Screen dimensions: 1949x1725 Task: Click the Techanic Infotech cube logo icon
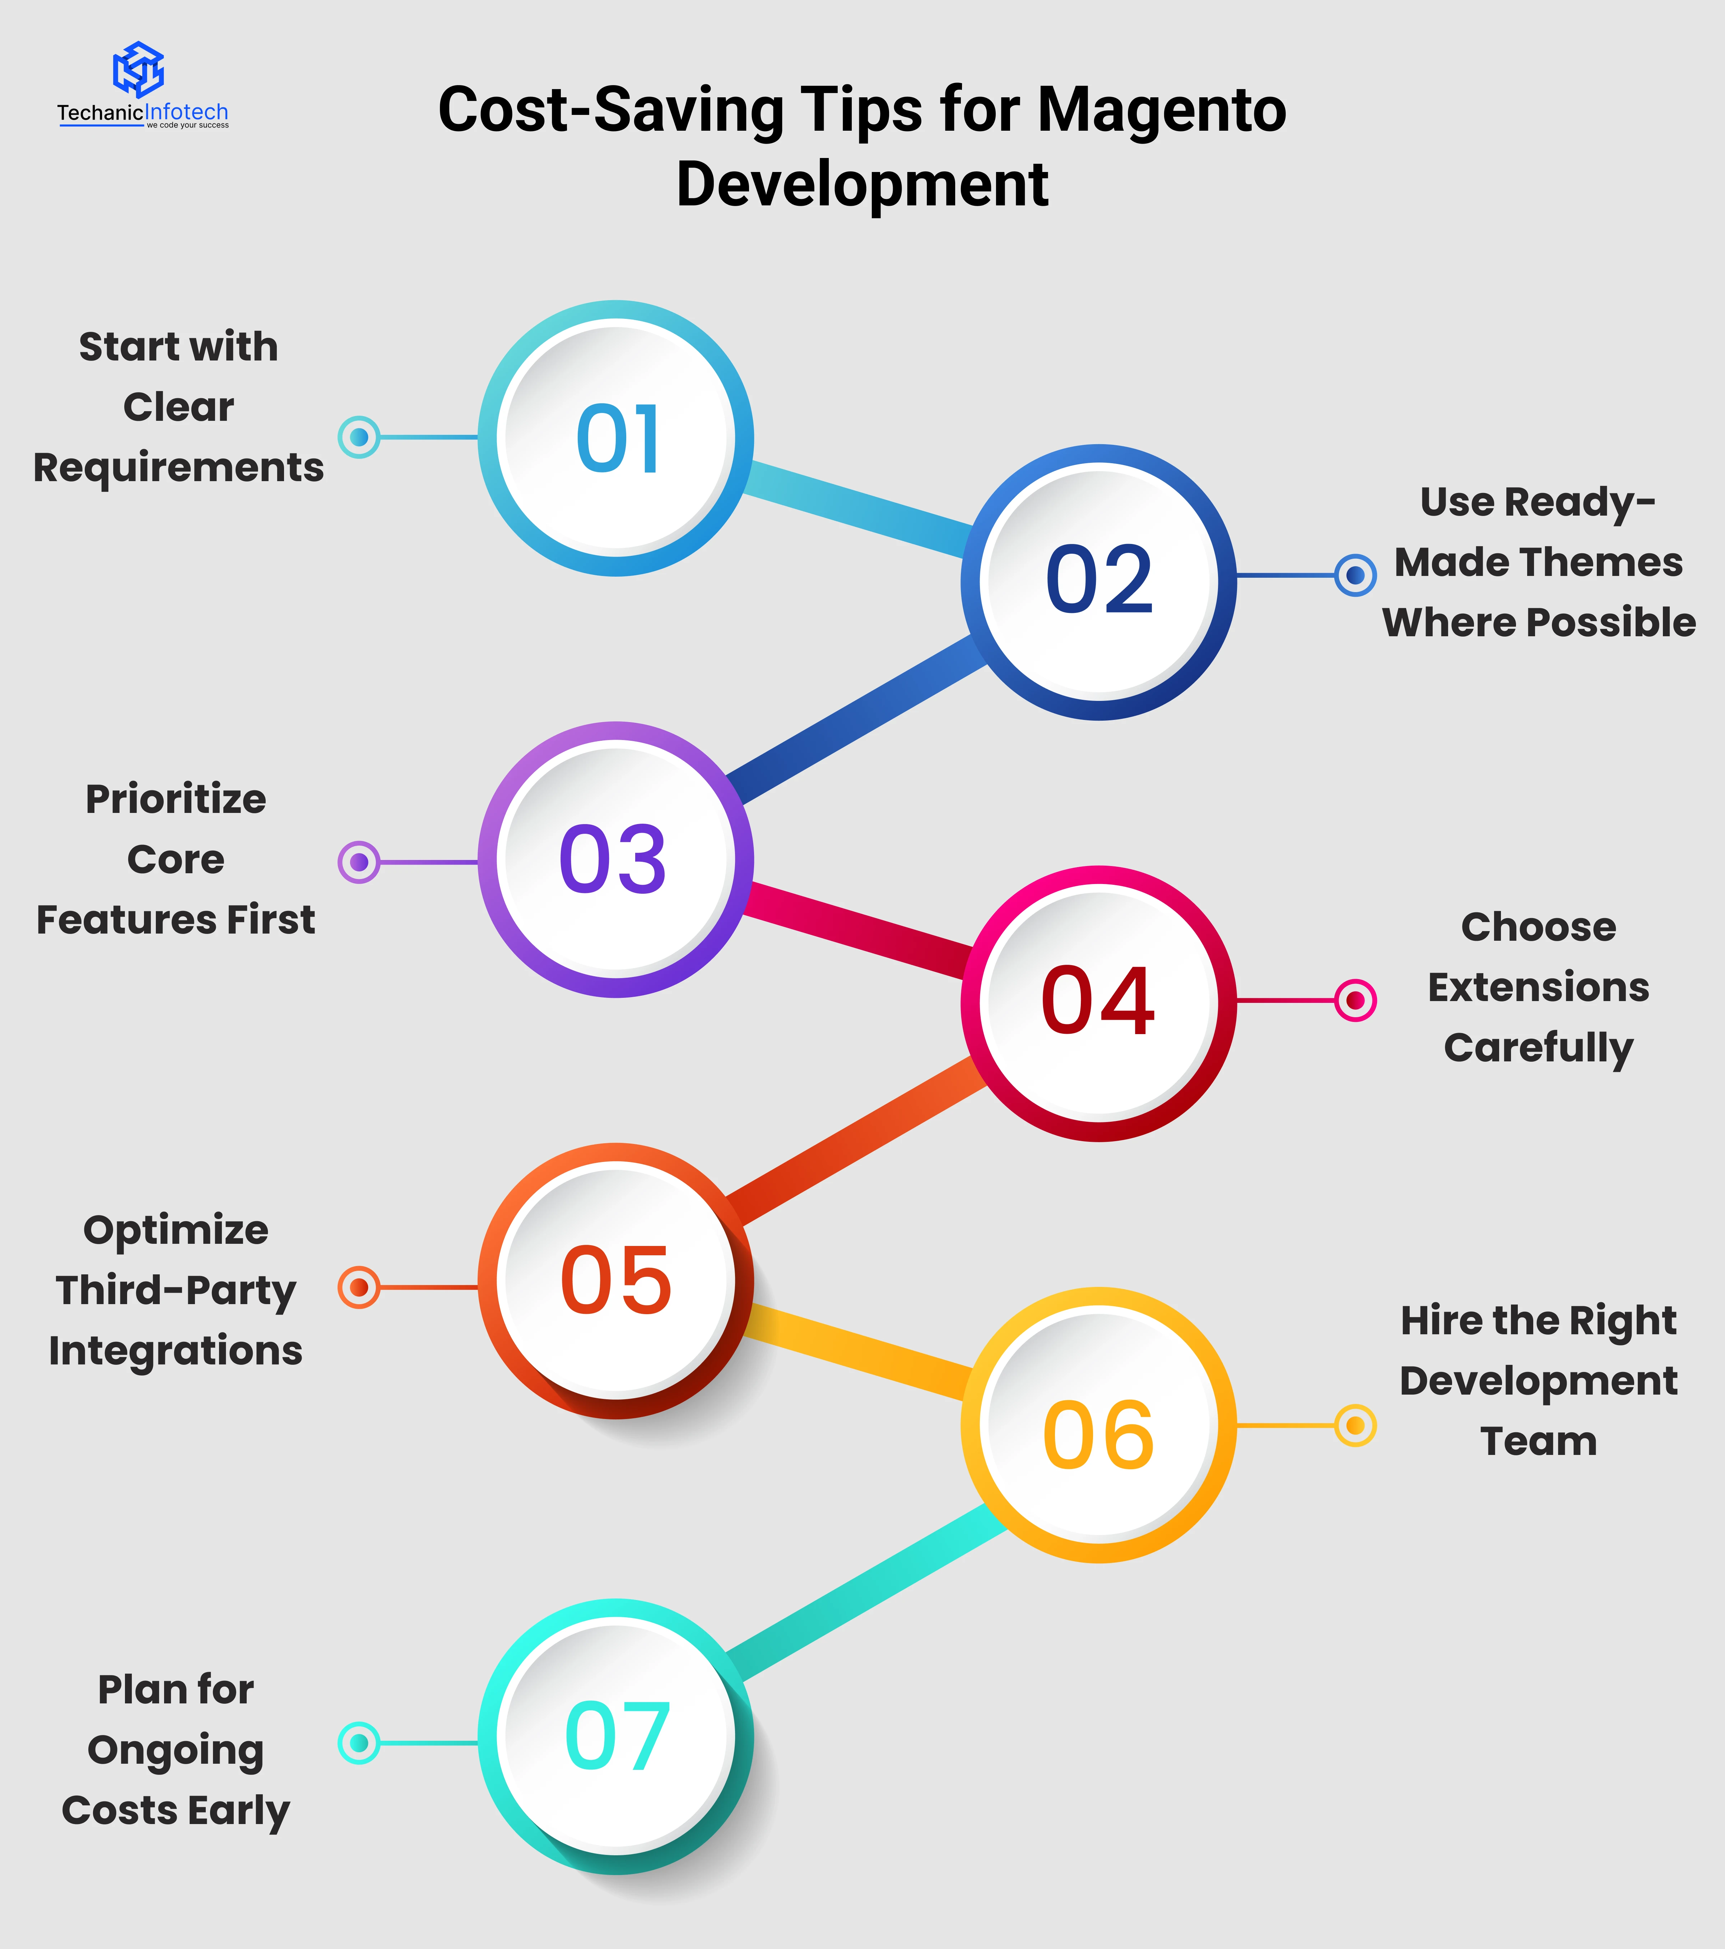pyautogui.click(x=138, y=69)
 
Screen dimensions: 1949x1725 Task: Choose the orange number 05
pyautogui.click(x=616, y=1280)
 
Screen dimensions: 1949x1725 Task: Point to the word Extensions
pyautogui.click(x=1538, y=987)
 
